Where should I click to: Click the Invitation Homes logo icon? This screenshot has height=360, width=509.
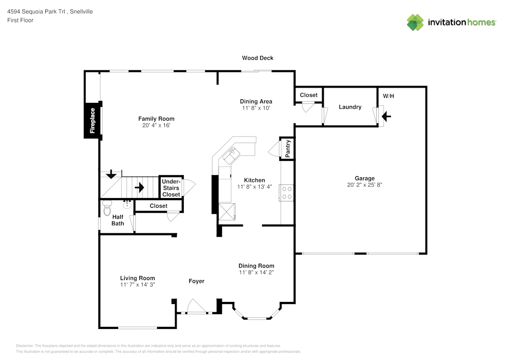pos(415,22)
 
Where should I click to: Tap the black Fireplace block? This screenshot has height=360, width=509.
pos(92,121)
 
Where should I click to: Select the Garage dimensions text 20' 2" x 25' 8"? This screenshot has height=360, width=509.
pos(364,185)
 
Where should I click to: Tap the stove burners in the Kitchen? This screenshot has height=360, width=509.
pos(287,192)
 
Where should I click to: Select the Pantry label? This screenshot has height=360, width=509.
pos(288,149)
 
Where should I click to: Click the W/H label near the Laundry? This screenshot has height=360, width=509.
pos(388,96)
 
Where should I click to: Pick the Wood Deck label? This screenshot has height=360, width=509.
pos(257,58)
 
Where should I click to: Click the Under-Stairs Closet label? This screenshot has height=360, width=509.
pos(171,188)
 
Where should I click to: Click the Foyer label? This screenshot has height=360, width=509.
pos(196,281)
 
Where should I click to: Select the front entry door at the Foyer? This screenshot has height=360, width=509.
pos(196,308)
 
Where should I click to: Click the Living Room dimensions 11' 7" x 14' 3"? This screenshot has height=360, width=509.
pos(137,285)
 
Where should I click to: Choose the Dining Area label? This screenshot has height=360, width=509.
pos(256,101)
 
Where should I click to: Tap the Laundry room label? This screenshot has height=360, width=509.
pos(350,107)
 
